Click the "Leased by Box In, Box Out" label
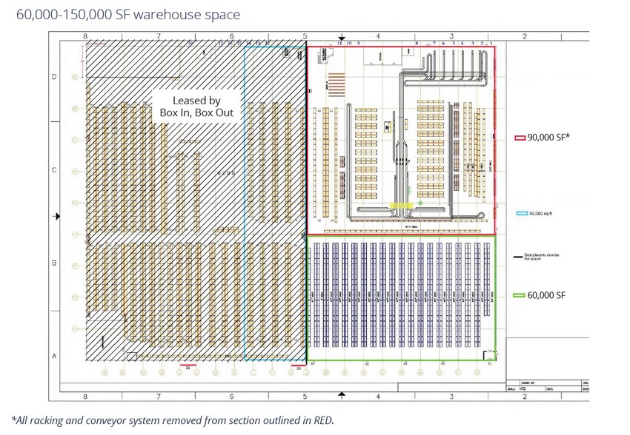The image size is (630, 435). click(x=196, y=107)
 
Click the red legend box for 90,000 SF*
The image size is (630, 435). click(x=520, y=138)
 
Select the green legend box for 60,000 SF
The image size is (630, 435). click(x=520, y=295)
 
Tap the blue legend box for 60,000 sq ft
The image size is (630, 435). click(x=521, y=215)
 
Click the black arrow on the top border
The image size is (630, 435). click(x=342, y=38)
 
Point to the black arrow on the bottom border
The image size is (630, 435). click(x=342, y=396)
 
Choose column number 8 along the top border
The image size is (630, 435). click(x=85, y=36)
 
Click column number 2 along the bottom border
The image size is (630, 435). click(x=524, y=397)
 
